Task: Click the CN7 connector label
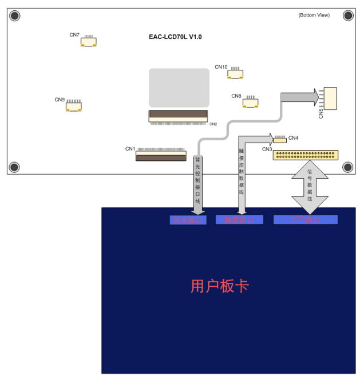(74, 35)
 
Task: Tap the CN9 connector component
(73, 106)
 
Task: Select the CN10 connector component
(235, 74)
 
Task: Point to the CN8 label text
(236, 96)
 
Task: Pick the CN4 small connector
(280, 139)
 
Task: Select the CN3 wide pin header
(306, 155)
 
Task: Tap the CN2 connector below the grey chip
(178, 116)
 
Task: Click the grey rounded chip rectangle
(179, 88)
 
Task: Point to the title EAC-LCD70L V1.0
(175, 37)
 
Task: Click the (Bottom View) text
(314, 15)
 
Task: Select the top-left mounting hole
(15, 15)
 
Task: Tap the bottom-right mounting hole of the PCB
(347, 167)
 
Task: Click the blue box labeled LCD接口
(306, 219)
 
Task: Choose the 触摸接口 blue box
(239, 219)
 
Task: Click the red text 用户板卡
(219, 286)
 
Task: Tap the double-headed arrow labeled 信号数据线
(310, 187)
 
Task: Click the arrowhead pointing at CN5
(314, 97)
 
